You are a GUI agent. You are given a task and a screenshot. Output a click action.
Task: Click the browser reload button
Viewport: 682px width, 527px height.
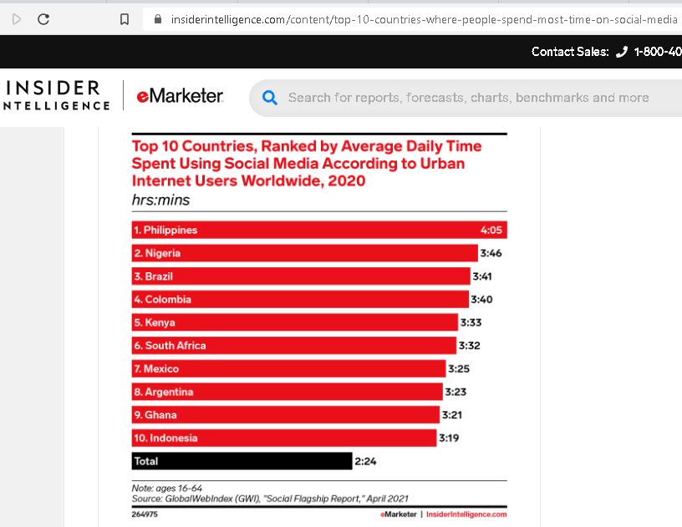pos(43,19)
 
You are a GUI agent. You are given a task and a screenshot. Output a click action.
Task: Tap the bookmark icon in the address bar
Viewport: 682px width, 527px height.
pos(125,19)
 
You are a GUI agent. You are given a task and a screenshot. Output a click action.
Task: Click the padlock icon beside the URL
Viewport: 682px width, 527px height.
pos(157,19)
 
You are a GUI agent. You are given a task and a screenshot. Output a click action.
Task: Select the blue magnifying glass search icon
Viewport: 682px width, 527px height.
pos(270,98)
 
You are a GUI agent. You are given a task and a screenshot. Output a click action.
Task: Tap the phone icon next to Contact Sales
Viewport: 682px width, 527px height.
pos(621,52)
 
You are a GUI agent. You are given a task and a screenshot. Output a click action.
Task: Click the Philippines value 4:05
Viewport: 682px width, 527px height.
pos(491,231)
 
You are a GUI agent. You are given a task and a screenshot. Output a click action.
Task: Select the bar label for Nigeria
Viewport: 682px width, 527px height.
pos(157,253)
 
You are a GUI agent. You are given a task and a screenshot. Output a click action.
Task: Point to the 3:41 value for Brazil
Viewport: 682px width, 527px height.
pos(486,276)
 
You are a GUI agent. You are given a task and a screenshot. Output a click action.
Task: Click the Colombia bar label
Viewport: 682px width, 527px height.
pos(163,299)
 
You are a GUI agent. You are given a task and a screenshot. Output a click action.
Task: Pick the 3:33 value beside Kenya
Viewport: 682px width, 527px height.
pos(471,322)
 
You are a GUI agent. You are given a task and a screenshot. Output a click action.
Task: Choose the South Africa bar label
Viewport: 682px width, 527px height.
pos(170,346)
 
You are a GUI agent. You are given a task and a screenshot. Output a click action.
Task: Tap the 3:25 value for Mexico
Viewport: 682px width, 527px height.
pos(460,368)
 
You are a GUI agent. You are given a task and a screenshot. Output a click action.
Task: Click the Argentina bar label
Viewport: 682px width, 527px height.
pos(163,392)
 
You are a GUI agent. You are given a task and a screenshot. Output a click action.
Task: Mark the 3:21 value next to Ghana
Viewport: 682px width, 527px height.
pos(453,415)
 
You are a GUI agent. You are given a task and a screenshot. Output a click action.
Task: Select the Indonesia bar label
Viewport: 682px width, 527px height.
pos(165,438)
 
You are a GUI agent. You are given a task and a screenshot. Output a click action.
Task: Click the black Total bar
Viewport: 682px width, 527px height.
pos(242,461)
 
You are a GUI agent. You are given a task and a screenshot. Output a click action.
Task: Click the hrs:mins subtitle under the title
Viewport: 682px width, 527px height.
pos(160,200)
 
